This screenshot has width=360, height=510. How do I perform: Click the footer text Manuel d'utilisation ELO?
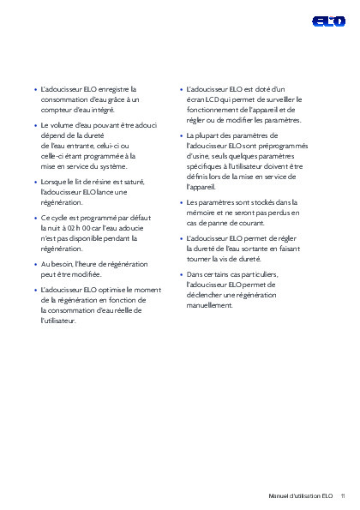(300, 496)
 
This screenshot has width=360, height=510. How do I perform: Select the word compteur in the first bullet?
(56, 110)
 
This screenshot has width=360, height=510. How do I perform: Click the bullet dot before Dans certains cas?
(180, 274)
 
